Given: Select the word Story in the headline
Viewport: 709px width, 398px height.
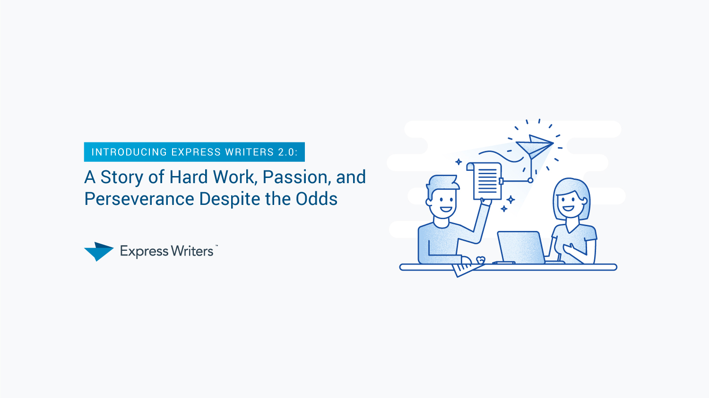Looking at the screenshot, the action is [x=122, y=177].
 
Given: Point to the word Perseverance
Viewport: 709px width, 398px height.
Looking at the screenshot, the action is [x=139, y=199].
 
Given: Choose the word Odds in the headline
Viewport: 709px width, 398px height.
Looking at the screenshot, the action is [x=317, y=199].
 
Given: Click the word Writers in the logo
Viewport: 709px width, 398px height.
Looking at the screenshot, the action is [x=192, y=251].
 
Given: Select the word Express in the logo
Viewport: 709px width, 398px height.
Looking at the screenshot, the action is [x=144, y=252].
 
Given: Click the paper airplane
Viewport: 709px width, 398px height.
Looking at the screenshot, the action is [x=535, y=146].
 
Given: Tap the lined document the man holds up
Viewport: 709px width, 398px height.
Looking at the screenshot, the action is [x=485, y=181].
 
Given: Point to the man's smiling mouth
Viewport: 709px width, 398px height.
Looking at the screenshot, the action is [x=446, y=209].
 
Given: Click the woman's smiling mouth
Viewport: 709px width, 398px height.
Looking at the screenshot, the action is [x=568, y=208].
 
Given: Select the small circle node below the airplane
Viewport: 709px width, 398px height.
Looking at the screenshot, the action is [x=530, y=181].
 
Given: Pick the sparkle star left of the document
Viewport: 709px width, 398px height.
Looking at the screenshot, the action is [x=458, y=162].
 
